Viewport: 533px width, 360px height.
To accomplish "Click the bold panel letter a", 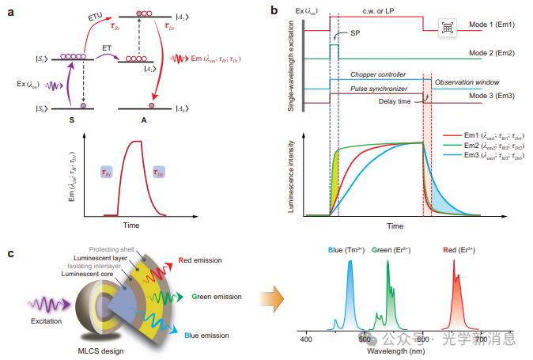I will coord(11,11).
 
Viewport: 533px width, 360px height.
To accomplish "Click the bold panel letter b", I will coord(274,11).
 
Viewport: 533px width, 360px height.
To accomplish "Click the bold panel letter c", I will coord(11,253).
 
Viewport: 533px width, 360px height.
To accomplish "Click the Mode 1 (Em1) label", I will coord(497,25).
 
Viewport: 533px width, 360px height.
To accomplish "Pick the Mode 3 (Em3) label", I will coord(497,95).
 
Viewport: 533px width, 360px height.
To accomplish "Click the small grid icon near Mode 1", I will coord(447,27).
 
